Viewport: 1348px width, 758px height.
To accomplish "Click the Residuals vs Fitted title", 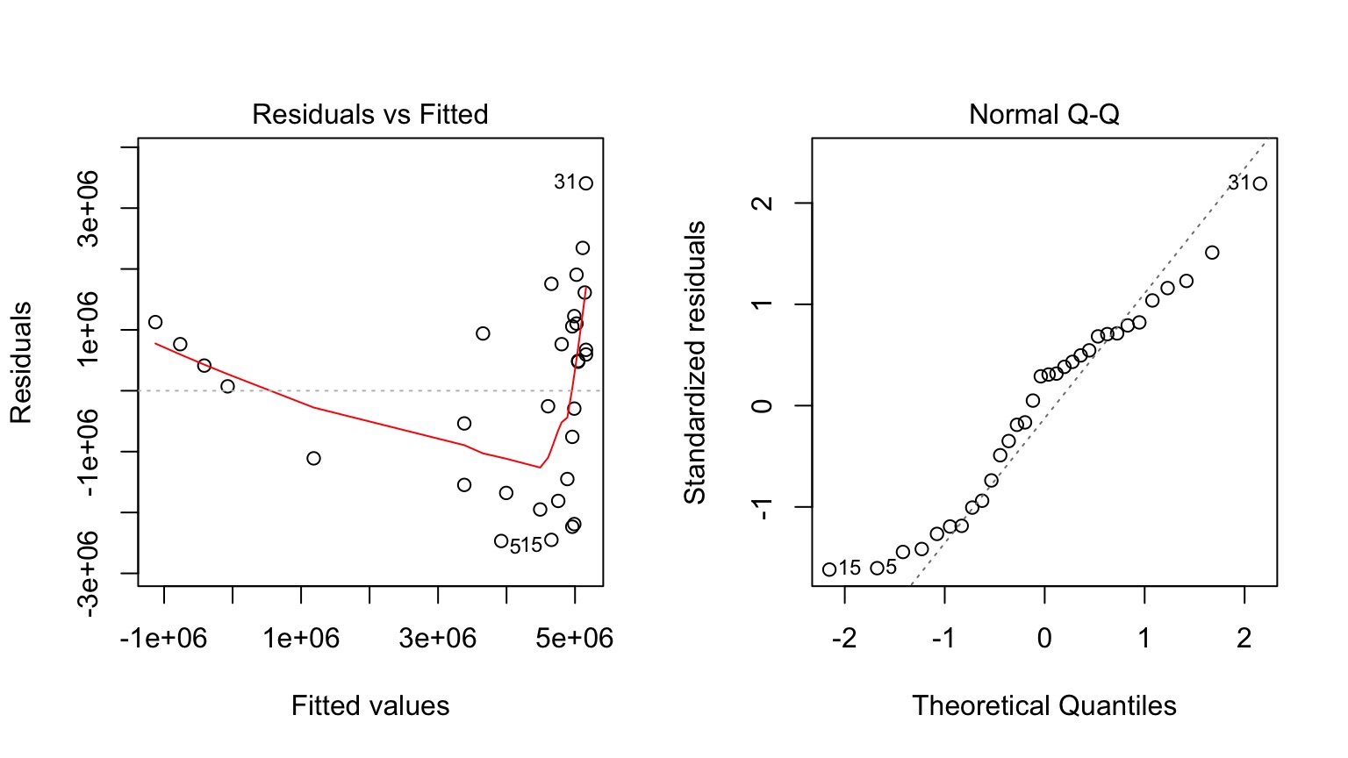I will click(x=369, y=115).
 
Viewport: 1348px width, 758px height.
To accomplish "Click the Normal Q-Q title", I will click(x=1043, y=115).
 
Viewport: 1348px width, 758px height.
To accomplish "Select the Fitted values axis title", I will click(x=369, y=705).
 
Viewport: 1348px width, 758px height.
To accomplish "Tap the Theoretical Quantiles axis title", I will click(x=1043, y=705).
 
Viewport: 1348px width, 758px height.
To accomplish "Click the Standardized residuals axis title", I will click(x=695, y=362).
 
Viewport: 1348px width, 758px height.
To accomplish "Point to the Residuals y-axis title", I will click(x=21, y=362).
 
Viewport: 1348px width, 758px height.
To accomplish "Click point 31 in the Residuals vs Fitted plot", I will click(x=585, y=183).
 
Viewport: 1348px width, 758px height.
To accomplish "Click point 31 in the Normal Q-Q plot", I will click(x=1259, y=183).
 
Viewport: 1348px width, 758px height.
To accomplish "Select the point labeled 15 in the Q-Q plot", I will click(x=829, y=569).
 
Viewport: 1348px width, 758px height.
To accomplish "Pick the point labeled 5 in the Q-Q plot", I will click(x=877, y=568).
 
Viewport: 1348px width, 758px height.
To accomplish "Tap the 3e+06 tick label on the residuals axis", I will click(x=90, y=209).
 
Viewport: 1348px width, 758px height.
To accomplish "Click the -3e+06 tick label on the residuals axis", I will click(x=90, y=574).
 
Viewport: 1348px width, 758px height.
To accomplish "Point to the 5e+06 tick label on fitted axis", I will click(x=575, y=638).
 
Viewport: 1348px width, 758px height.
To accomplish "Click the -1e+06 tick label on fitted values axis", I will click(x=163, y=638).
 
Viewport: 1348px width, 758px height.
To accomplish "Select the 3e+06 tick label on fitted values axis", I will click(x=437, y=638).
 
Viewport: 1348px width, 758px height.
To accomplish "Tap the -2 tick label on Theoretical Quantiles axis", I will click(x=844, y=638).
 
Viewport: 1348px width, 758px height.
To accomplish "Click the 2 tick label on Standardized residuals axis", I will click(x=764, y=203).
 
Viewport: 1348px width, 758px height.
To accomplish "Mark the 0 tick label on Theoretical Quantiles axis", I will click(x=1044, y=638).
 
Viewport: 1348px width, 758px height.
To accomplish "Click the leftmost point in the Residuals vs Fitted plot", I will click(x=155, y=322).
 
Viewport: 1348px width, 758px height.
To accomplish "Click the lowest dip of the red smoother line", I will click(x=539, y=468).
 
